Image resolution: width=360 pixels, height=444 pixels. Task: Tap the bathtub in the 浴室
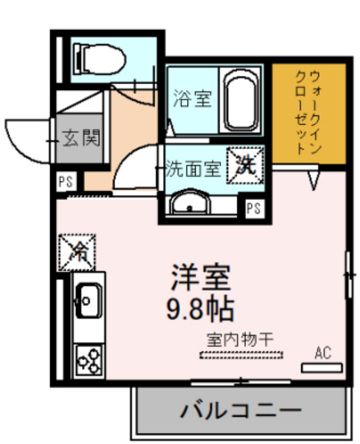click(x=240, y=101)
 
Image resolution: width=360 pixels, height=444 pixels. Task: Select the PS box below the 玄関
click(x=66, y=182)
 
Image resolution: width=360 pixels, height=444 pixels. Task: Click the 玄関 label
click(x=81, y=139)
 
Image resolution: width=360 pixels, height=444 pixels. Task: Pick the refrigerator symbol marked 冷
click(x=77, y=251)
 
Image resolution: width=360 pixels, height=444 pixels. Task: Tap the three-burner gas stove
click(x=90, y=361)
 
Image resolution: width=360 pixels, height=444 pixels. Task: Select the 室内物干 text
click(x=240, y=338)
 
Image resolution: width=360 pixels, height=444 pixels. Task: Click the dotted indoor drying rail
click(x=242, y=354)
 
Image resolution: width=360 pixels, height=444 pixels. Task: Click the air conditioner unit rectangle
click(x=322, y=367)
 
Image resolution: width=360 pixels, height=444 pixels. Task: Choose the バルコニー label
click(x=240, y=410)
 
